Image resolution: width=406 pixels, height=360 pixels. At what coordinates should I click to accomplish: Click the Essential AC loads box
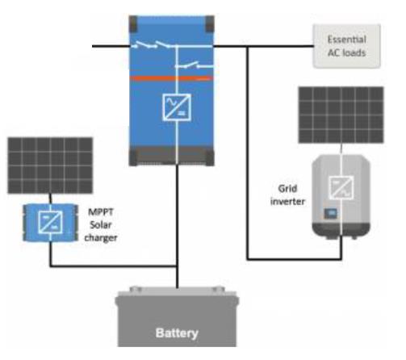tap(346, 46)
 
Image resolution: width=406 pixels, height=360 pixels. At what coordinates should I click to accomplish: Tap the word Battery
tap(177, 333)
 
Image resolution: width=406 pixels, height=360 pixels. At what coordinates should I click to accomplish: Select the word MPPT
tap(101, 211)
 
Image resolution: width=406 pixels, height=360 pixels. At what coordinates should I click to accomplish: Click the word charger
tap(101, 238)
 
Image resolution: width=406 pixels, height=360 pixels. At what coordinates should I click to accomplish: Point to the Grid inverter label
tap(287, 195)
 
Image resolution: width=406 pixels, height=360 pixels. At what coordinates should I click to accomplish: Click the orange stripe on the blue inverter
tap(171, 78)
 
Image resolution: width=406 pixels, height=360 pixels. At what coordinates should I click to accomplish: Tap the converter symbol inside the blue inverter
tap(177, 107)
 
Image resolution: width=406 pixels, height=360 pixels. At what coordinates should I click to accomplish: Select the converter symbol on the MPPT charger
tap(50, 222)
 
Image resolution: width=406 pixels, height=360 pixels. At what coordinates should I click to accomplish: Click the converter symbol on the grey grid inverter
tap(341, 187)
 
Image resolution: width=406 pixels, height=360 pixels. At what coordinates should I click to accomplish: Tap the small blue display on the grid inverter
tap(330, 213)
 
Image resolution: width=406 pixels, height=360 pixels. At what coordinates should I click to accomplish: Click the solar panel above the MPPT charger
tap(50, 165)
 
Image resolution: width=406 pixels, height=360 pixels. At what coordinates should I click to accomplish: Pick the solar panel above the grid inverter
tap(341, 115)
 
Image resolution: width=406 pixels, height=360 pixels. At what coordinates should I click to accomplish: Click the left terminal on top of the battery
tap(136, 289)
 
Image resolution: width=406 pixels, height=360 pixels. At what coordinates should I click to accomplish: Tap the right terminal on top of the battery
tap(218, 289)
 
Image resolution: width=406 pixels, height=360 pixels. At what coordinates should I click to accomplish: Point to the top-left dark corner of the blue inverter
tap(133, 23)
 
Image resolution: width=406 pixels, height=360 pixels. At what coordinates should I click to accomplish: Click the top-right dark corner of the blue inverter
tap(210, 23)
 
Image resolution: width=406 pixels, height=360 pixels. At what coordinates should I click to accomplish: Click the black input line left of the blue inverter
tap(111, 46)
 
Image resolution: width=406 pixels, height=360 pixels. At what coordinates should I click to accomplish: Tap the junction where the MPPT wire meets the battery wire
tap(177, 266)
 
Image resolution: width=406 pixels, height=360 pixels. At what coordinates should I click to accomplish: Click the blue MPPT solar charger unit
tap(50, 223)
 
